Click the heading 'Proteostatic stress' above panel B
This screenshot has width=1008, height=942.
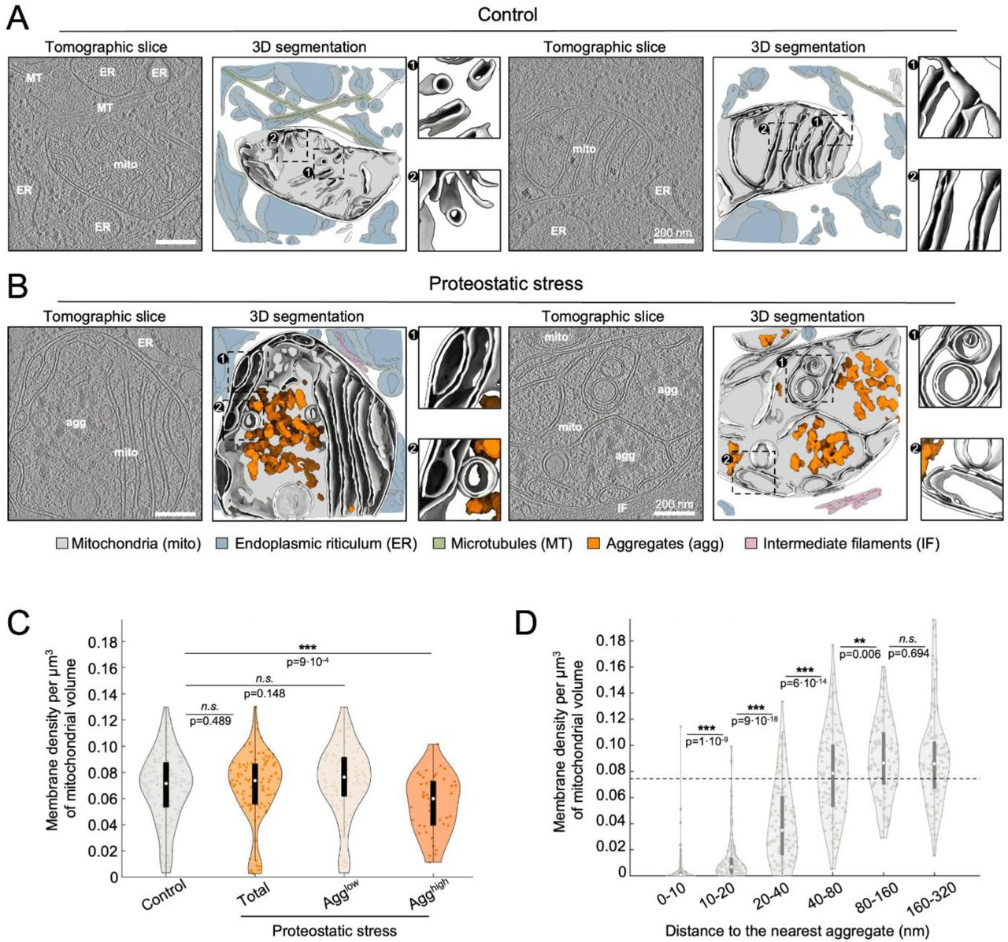pyautogui.click(x=506, y=283)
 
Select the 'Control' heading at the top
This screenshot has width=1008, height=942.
pyautogui.click(x=507, y=14)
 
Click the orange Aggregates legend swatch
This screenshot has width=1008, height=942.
pyautogui.click(x=595, y=544)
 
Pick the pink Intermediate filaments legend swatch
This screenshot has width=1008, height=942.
pyautogui.click(x=752, y=544)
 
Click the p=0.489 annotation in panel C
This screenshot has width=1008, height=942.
pyautogui.click(x=209, y=720)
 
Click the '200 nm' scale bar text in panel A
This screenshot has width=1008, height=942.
pyautogui.click(x=673, y=232)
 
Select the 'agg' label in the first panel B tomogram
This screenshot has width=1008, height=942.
pyautogui.click(x=76, y=423)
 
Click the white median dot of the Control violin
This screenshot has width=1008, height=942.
pyautogui.click(x=166, y=784)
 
